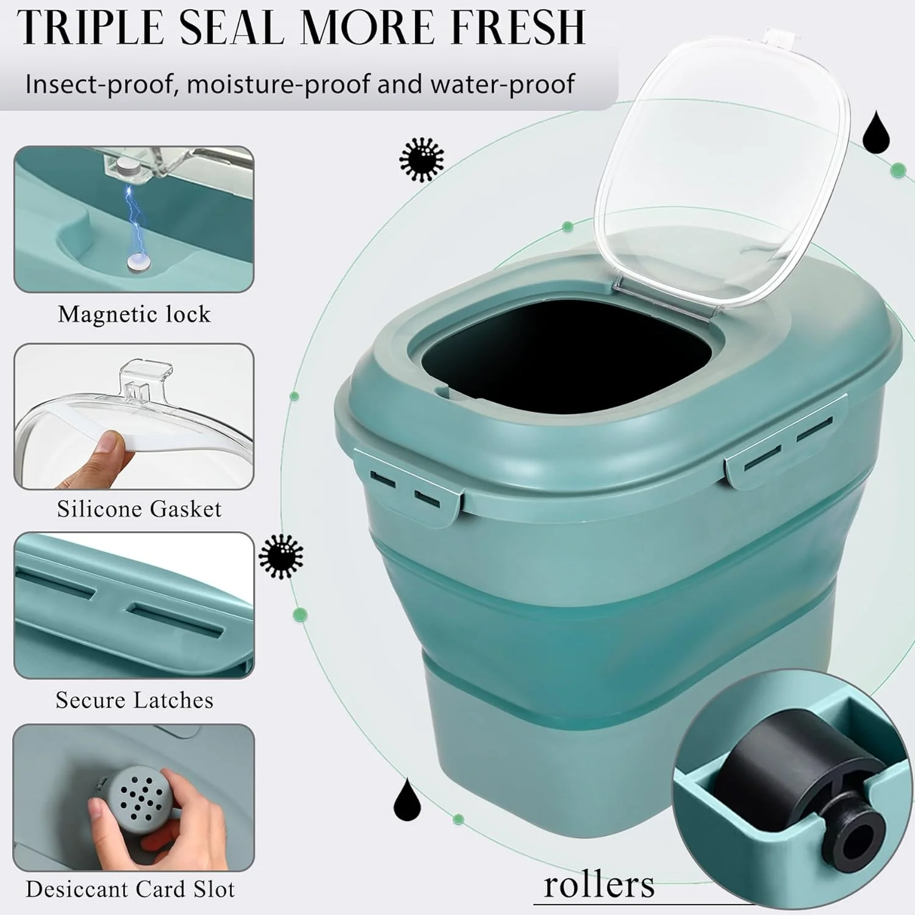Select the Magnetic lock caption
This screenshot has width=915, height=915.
pos(134,314)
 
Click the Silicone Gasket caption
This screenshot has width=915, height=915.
pos(139,509)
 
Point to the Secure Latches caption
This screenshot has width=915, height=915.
pos(134,700)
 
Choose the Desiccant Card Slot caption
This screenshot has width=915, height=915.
pos(130,889)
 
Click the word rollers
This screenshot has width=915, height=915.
pos(598,884)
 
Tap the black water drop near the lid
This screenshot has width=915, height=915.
pos(876,131)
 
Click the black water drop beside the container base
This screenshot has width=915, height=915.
pos(407,800)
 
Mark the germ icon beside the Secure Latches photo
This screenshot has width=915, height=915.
pos(281,556)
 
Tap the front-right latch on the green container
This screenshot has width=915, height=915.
pos(787,448)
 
